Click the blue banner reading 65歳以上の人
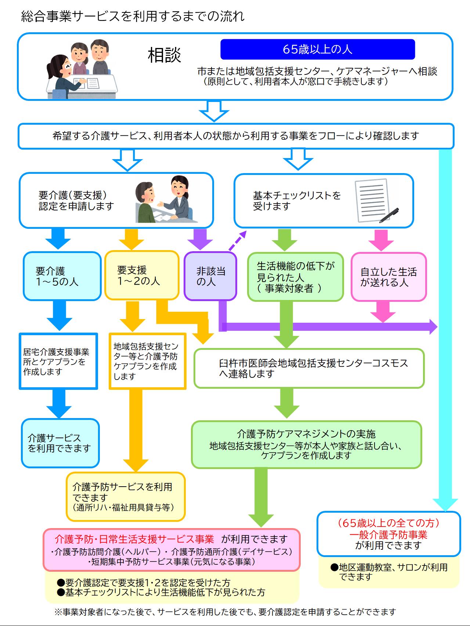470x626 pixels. (317, 49)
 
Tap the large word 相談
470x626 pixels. (164, 55)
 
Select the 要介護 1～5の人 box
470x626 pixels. (62, 276)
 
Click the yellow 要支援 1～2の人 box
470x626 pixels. (141, 275)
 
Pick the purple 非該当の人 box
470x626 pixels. (210, 276)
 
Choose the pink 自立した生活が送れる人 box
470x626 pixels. (388, 277)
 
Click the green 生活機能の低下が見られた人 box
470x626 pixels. (295, 277)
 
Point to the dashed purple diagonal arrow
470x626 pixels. (237, 240)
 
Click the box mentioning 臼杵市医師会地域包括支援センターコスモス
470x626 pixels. (309, 368)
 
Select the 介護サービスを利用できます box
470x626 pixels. (60, 443)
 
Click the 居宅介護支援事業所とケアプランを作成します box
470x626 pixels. (58, 361)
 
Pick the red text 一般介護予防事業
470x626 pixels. (388, 535)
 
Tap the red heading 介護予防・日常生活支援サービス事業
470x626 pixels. (134, 539)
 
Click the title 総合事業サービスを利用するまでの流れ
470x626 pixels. (133, 17)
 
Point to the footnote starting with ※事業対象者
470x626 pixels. (225, 612)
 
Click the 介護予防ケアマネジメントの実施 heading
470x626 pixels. (306, 434)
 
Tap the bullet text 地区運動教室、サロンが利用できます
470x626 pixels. (389, 572)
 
